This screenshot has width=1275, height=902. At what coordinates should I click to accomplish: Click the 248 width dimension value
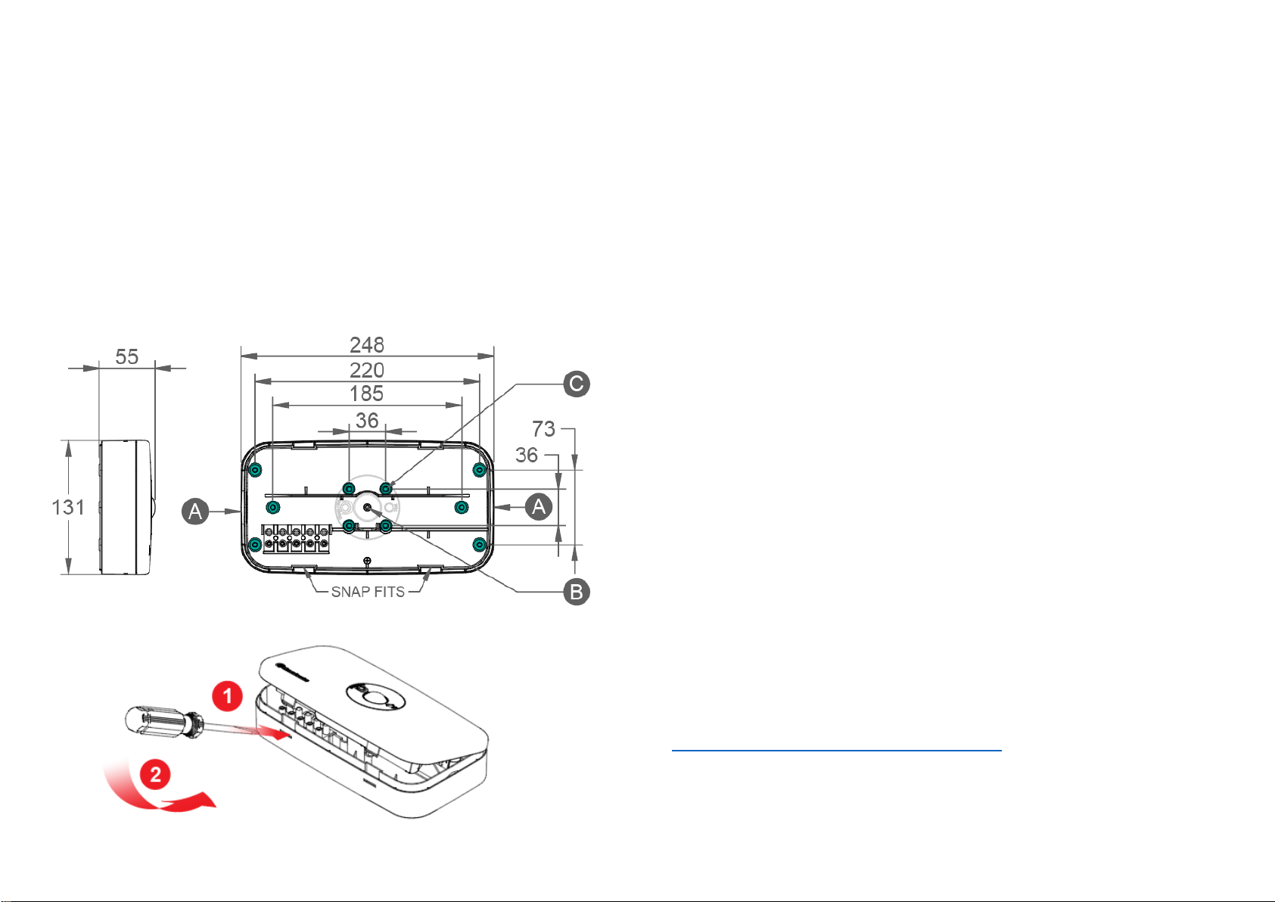click(x=367, y=345)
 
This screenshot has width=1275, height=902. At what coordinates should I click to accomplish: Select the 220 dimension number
click(x=367, y=370)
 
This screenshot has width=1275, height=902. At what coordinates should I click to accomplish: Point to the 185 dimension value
click(x=366, y=393)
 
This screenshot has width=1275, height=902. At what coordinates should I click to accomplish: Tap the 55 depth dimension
click(x=127, y=357)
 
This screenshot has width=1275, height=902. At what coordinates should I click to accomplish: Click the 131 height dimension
click(x=68, y=507)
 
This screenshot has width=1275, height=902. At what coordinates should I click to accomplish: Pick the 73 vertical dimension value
click(x=543, y=430)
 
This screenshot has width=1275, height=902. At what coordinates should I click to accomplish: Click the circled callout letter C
click(x=577, y=384)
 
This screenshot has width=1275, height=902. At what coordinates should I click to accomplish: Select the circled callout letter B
click(x=577, y=592)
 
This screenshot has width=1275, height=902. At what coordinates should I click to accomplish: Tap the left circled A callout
click(x=195, y=512)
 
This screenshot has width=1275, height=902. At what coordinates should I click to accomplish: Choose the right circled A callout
click(x=539, y=505)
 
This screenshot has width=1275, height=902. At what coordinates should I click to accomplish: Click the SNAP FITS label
click(x=368, y=592)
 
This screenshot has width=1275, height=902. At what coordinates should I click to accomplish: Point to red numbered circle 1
click(x=227, y=696)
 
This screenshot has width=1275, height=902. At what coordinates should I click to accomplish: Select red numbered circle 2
click(x=155, y=774)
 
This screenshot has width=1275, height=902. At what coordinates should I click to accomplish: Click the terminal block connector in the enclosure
click(x=296, y=539)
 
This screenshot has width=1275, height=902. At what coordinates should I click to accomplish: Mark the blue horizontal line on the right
click(x=836, y=751)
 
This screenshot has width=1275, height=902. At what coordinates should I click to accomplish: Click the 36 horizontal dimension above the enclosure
click(x=367, y=421)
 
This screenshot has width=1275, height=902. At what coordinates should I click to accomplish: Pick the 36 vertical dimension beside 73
click(x=527, y=456)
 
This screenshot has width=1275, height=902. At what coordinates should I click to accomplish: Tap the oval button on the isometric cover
click(x=376, y=695)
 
